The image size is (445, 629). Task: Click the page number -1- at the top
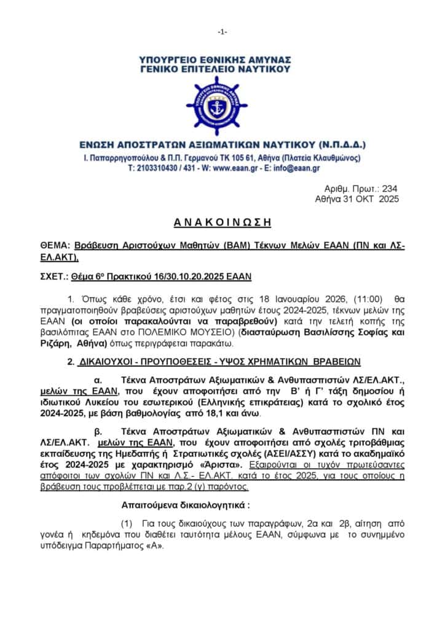(222, 31)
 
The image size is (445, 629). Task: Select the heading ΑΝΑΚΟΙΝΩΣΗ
(222, 222)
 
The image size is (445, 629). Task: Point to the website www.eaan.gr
(230, 168)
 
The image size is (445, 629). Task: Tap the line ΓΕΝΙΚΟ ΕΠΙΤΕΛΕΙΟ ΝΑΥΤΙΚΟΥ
(222, 69)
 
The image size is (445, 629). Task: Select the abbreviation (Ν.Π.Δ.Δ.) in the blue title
(336, 146)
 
